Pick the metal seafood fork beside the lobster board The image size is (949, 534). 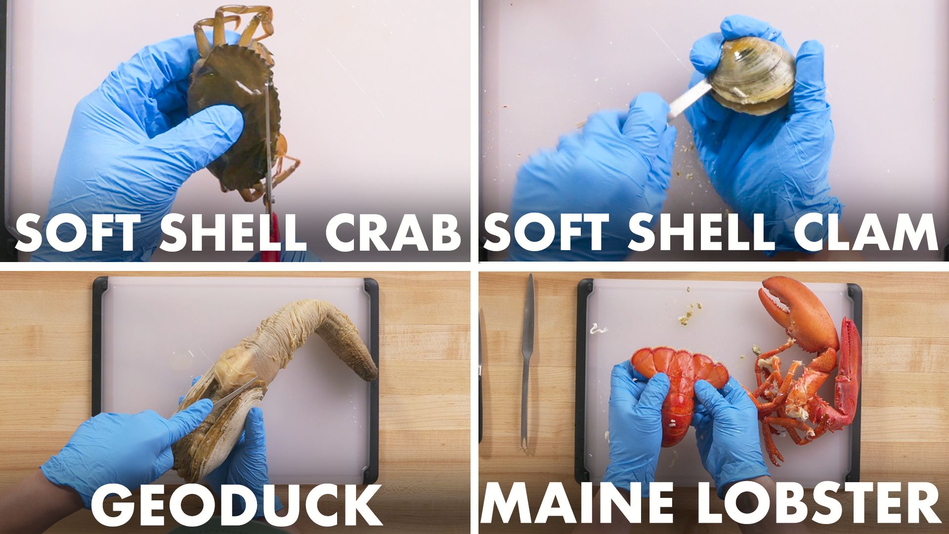[x=528, y=358]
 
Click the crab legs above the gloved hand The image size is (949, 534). [x=235, y=25]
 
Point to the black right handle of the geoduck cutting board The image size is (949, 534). [x=371, y=381]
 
